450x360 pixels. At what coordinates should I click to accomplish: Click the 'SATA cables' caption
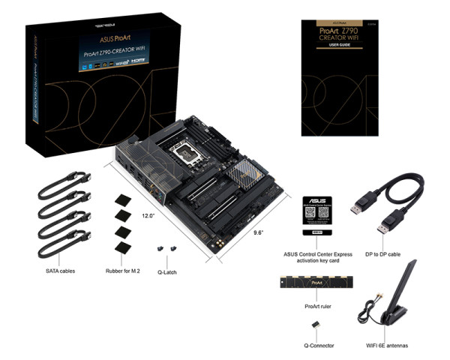[x=59, y=270]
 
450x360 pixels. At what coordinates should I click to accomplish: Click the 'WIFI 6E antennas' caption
[x=391, y=346]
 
